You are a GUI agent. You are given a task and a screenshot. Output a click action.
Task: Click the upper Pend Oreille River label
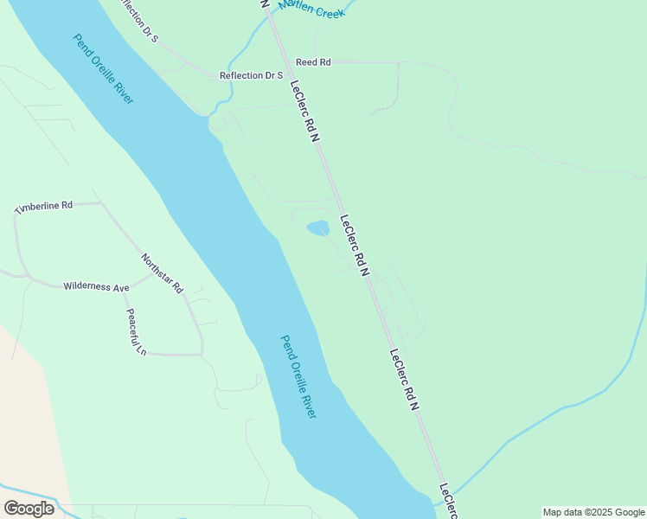tap(103, 69)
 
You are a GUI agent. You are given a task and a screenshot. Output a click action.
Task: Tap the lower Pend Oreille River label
tap(298, 377)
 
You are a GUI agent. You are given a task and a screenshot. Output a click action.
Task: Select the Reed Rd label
tap(313, 62)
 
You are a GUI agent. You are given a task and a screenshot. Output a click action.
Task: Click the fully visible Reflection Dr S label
tap(252, 75)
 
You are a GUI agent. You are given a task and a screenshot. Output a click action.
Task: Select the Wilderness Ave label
tap(96, 286)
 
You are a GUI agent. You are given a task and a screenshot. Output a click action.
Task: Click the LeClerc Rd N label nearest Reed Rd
tap(304, 111)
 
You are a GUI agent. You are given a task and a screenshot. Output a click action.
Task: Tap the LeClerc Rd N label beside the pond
tap(355, 246)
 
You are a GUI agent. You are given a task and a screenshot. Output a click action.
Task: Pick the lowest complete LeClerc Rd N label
tap(404, 379)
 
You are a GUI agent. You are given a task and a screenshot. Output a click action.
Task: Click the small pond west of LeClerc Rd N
tap(318, 228)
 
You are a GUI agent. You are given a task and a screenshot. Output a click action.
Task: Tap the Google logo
tap(29, 509)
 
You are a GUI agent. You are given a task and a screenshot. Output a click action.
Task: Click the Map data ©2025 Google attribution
tap(594, 512)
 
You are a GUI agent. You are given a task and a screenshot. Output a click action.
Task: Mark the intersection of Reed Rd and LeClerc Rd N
tap(279, 62)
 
